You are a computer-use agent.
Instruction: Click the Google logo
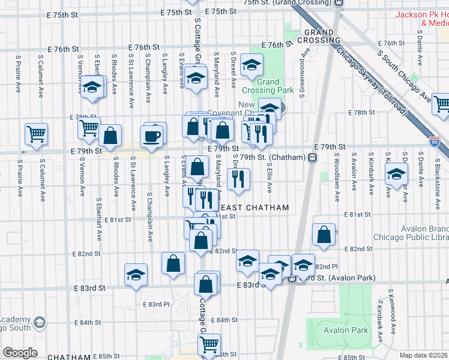coord(20,353)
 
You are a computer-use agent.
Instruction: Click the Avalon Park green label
coord(345,330)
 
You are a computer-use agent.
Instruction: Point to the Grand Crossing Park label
coord(268,86)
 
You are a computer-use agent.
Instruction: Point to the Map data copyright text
coord(423,355)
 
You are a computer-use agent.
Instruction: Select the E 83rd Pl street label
coord(157,304)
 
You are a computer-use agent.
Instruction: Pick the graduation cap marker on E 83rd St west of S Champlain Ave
coord(136,274)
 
